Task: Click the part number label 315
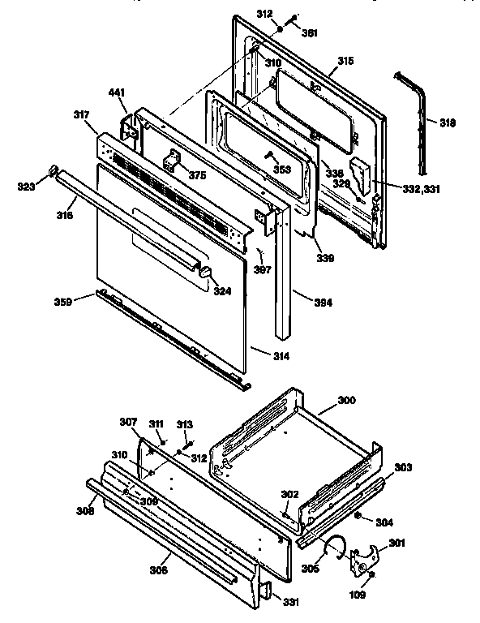[346, 62]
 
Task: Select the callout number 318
[447, 123]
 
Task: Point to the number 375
[197, 176]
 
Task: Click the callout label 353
[281, 170]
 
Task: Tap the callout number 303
[403, 468]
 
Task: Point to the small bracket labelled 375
[174, 162]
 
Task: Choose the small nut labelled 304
[358, 517]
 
